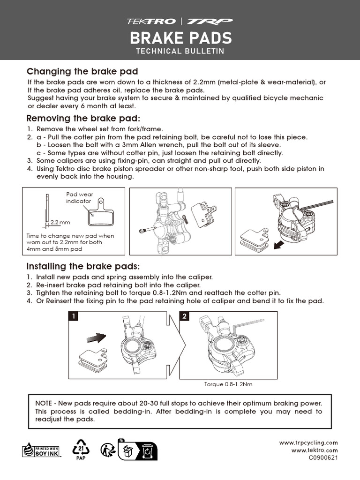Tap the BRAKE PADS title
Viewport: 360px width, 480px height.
point(180,37)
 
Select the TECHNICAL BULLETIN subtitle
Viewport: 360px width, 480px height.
point(180,51)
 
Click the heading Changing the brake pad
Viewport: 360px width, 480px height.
point(82,72)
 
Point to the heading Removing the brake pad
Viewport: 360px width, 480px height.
point(83,118)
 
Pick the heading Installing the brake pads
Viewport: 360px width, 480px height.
point(83,267)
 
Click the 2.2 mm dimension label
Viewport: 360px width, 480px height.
point(60,222)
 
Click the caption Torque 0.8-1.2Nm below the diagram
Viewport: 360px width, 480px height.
point(228,384)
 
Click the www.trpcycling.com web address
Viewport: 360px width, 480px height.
point(308,442)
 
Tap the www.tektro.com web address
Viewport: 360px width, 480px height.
point(315,450)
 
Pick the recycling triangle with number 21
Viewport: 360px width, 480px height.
point(81,449)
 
